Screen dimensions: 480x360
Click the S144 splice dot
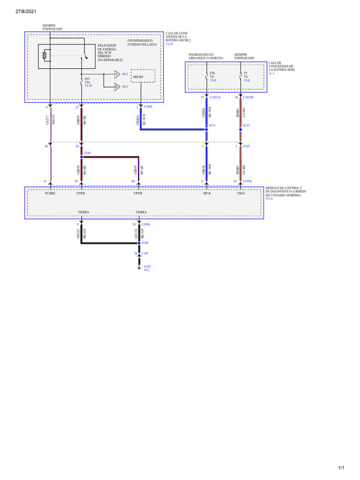point(81,157)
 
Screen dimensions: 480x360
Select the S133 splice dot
point(240,129)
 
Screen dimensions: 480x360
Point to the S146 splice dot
point(139,243)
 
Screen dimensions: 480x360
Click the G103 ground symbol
point(139,268)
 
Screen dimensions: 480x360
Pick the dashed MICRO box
point(143,76)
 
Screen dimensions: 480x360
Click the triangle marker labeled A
point(117,74)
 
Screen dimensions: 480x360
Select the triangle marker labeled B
point(117,87)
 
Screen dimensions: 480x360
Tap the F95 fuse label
point(88,79)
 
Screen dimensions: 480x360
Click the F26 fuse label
point(212,74)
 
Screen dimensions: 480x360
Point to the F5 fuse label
point(246,74)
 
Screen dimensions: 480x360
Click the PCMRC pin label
point(50,193)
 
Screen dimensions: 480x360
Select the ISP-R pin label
point(207,193)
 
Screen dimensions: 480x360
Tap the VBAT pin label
point(241,193)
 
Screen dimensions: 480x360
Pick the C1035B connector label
point(248,97)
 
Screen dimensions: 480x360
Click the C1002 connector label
point(148,107)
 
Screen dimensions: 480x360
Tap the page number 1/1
point(341,468)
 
